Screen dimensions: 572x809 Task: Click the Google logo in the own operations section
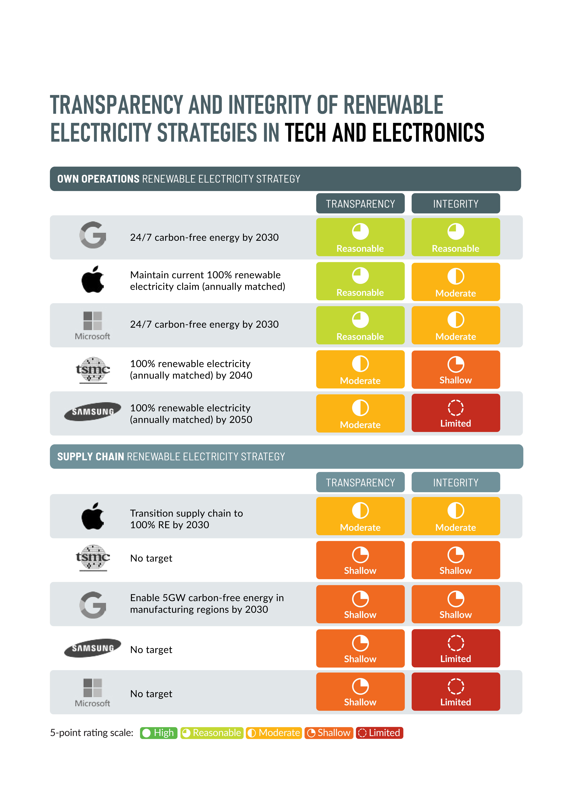(x=93, y=235)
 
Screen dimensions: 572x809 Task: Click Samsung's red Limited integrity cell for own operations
(x=456, y=413)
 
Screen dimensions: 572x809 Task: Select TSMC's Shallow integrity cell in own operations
(x=456, y=370)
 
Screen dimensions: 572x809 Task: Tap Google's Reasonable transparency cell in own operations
(x=360, y=237)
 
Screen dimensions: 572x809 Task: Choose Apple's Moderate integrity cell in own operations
(x=456, y=282)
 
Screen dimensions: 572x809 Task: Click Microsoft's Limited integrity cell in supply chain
(x=456, y=692)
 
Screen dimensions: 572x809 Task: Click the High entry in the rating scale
(x=159, y=733)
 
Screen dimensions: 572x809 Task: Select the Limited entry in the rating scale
(x=380, y=733)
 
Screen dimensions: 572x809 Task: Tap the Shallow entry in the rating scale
(x=329, y=733)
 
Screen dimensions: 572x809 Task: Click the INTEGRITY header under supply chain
(x=456, y=482)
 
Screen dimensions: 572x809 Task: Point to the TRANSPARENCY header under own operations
(x=360, y=204)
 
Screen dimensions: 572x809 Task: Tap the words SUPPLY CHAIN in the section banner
(x=91, y=457)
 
